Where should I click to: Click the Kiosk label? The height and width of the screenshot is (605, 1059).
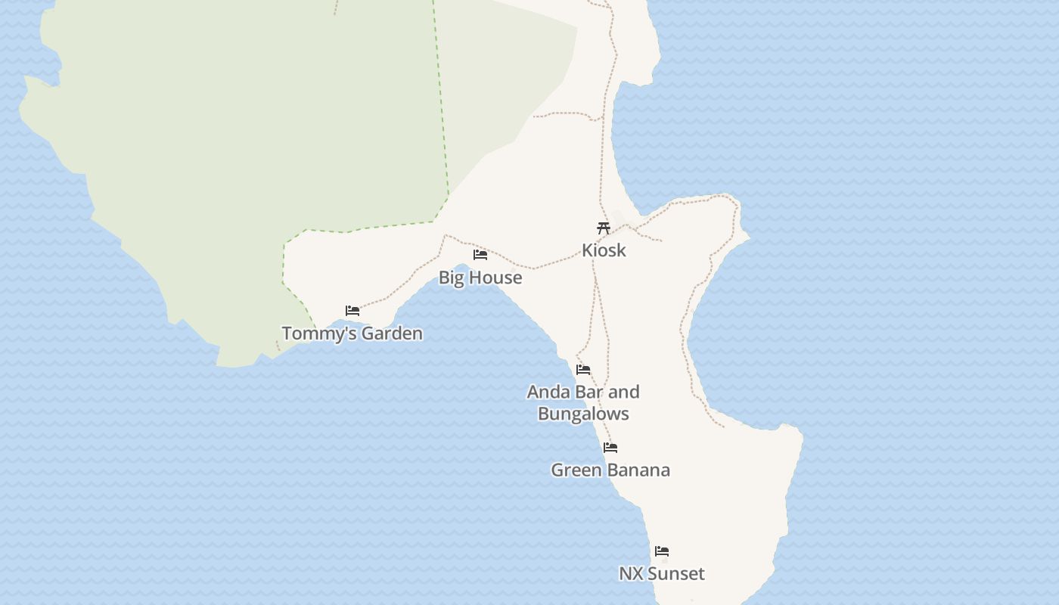click(604, 250)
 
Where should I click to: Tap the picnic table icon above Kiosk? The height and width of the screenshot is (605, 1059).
click(603, 228)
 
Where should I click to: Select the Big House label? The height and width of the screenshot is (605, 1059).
click(480, 278)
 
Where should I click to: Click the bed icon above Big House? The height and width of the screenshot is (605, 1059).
click(480, 255)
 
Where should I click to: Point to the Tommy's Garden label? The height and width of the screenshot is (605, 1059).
click(352, 334)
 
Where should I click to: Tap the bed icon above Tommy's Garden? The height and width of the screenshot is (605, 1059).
click(352, 311)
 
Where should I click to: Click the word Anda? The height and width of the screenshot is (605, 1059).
click(548, 392)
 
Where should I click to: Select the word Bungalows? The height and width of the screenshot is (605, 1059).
click(583, 414)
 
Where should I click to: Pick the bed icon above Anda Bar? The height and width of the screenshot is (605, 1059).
click(583, 370)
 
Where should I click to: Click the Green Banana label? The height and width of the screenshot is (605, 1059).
click(610, 470)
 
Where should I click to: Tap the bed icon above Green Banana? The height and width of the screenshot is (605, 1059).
click(610, 448)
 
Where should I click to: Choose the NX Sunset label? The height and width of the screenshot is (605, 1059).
click(662, 574)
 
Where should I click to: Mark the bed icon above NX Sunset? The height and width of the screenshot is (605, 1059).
click(662, 551)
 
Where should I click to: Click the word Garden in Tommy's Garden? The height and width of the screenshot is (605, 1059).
click(392, 334)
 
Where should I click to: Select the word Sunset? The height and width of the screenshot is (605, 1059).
click(676, 574)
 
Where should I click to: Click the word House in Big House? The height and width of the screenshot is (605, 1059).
click(495, 278)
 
